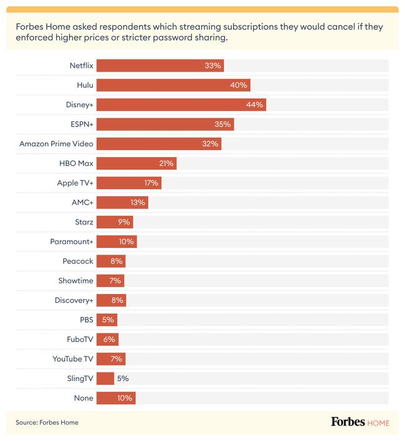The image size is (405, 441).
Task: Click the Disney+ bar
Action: pos(181,105)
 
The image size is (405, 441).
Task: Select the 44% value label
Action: pos(254,105)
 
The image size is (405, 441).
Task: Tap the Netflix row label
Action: pos(82,65)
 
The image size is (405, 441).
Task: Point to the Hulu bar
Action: pos(173,85)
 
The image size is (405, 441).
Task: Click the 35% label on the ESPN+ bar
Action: pos(222,125)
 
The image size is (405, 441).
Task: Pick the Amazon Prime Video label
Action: pos(56,144)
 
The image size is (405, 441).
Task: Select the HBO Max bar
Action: pos(136,163)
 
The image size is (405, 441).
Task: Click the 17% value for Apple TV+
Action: pos(151,183)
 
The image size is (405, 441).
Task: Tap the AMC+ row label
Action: pos(82,202)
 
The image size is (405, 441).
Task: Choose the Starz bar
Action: pos(115,222)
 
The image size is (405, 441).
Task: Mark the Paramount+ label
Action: pos(72,242)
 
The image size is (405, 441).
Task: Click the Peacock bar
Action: pos(111,261)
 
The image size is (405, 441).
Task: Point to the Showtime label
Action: pos(75,281)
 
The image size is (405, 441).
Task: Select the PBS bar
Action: pos(107,320)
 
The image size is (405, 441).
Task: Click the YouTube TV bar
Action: pos(111,359)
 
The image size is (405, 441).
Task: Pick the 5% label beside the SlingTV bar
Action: pos(123,378)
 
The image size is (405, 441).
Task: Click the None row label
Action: pos(83,398)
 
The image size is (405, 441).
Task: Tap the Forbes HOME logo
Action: pos(360,422)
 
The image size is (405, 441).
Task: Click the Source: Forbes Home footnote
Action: pos(47,422)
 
